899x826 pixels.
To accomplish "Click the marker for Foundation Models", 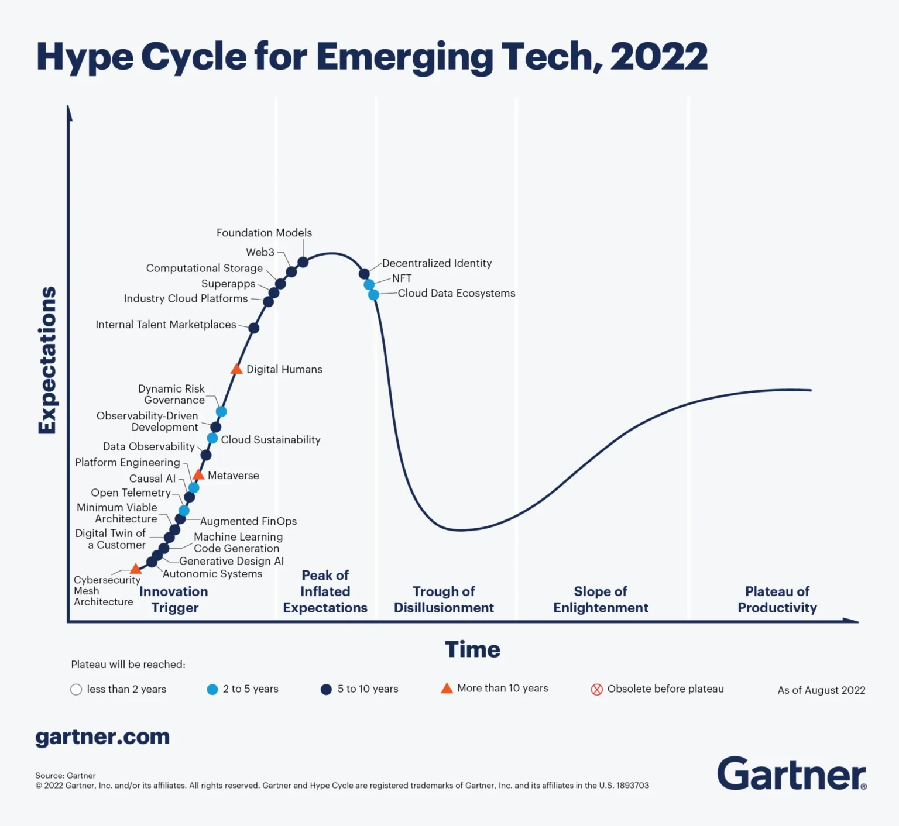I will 303,262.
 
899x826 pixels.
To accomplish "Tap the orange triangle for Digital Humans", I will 236,369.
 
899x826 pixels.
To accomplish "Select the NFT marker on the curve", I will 369,284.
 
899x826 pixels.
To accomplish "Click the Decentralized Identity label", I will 437,263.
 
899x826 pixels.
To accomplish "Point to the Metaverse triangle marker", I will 198,474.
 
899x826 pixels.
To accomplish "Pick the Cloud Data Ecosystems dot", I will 373,295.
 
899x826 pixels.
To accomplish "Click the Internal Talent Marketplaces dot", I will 253,328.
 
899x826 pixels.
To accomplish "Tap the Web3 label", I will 260,252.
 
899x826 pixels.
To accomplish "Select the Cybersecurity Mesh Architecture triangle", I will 136,569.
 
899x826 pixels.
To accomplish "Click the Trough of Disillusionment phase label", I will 444,600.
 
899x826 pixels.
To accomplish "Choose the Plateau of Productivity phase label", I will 777,600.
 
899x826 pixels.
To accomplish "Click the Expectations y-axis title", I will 47,360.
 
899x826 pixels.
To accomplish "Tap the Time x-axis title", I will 472,649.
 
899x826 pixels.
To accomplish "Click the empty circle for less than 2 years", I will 76,689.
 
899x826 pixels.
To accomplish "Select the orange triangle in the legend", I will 447,689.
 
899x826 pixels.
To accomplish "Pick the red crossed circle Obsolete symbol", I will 596,689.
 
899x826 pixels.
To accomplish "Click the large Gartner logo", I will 791,773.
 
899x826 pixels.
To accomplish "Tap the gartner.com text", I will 102,736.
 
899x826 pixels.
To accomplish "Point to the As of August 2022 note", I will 821,690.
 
